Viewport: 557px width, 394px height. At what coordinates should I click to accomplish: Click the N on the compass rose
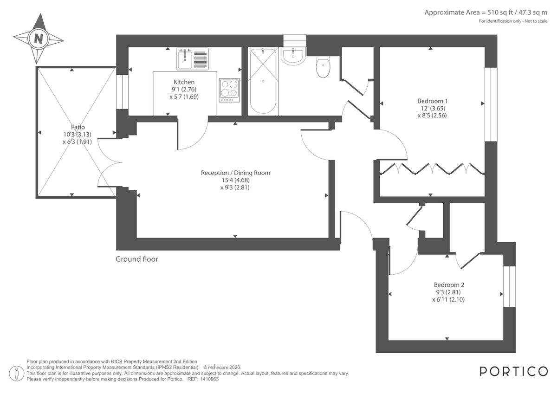(39, 39)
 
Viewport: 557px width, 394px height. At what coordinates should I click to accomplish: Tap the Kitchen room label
(184, 82)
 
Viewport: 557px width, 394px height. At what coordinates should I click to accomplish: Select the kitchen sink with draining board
(192, 58)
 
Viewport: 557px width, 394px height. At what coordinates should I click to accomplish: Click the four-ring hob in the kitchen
(229, 90)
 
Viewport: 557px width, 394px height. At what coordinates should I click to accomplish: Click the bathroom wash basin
(292, 56)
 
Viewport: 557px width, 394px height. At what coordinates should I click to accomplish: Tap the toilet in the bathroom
(323, 68)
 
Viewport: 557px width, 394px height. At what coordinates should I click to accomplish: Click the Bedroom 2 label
(449, 285)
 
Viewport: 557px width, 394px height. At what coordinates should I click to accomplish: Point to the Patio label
(78, 127)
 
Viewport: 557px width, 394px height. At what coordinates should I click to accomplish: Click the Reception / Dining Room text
(235, 173)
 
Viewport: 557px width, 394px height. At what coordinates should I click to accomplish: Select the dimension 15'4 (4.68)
(235, 180)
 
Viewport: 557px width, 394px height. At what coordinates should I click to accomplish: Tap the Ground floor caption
(137, 259)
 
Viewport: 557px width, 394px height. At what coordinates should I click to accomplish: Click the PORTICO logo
(513, 371)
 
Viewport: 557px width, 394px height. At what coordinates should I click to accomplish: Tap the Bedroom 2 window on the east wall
(509, 286)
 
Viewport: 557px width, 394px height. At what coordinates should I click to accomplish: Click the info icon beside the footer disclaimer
(17, 372)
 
